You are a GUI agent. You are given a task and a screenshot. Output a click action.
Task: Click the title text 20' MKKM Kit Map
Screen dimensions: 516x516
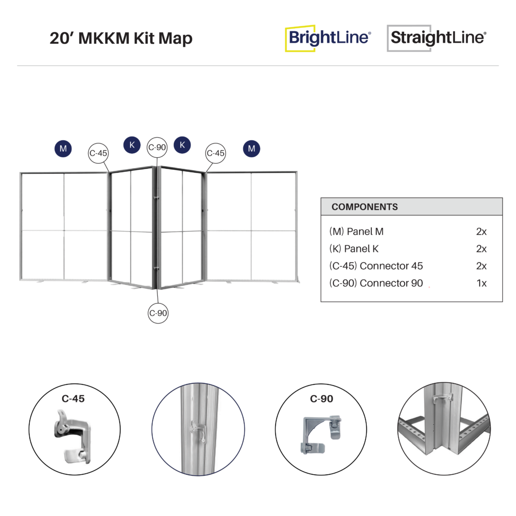point(121,38)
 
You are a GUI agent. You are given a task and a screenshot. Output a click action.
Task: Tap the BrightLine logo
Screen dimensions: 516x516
point(328,38)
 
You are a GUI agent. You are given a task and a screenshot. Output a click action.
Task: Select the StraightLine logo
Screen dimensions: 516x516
point(437,38)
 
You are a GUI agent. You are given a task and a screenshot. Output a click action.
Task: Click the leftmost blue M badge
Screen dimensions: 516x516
point(63,149)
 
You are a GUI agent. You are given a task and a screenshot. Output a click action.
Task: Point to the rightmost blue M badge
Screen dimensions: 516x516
point(251,149)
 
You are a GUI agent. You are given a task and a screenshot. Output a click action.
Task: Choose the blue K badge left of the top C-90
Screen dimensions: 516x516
point(132,145)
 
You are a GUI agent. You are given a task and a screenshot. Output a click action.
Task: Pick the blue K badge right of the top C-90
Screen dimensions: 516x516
point(182,145)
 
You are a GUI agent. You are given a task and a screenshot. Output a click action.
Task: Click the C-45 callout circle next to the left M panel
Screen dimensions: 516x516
point(98,153)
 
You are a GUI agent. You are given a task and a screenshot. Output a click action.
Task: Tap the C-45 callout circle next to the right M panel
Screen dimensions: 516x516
point(216,153)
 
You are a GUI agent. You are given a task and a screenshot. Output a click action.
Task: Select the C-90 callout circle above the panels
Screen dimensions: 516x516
point(157,148)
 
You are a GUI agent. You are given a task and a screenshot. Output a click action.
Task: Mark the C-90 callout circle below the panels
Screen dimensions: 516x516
point(158,313)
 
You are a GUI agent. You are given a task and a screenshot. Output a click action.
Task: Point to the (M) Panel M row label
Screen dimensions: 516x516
point(356,232)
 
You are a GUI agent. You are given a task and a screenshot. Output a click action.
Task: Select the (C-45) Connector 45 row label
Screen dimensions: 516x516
point(376,266)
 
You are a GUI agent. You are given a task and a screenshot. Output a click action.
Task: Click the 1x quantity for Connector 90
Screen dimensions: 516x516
point(481,283)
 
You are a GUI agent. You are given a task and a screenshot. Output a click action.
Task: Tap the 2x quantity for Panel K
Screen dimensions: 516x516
point(481,249)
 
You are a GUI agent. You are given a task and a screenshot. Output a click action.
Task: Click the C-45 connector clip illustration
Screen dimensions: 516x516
point(72,436)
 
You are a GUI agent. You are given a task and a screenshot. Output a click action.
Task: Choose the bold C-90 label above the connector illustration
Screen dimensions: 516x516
point(321,399)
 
